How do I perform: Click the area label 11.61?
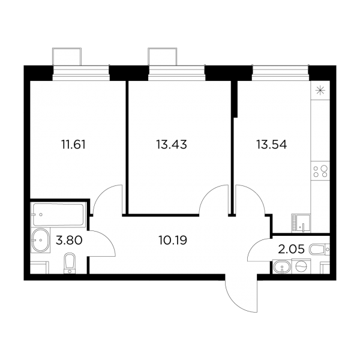[73, 145]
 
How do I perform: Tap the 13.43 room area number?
[171, 145]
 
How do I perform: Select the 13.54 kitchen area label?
[271, 145]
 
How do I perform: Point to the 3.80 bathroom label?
[69, 241]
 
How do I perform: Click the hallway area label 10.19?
[173, 241]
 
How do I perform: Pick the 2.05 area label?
[291, 249]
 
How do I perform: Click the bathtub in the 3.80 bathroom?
[58, 214]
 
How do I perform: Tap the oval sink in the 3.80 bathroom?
[41, 241]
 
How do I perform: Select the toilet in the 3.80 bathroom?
[69, 263]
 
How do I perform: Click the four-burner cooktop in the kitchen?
[320, 171]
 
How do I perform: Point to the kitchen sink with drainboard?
[301, 223]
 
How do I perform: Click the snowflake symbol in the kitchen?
[320, 91]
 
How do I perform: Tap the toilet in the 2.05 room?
[319, 250]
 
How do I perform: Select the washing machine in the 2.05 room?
[301, 266]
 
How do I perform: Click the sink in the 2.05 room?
[282, 267]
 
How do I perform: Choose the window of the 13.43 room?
[177, 73]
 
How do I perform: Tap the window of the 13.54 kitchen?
[280, 73]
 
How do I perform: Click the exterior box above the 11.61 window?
[67, 57]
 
